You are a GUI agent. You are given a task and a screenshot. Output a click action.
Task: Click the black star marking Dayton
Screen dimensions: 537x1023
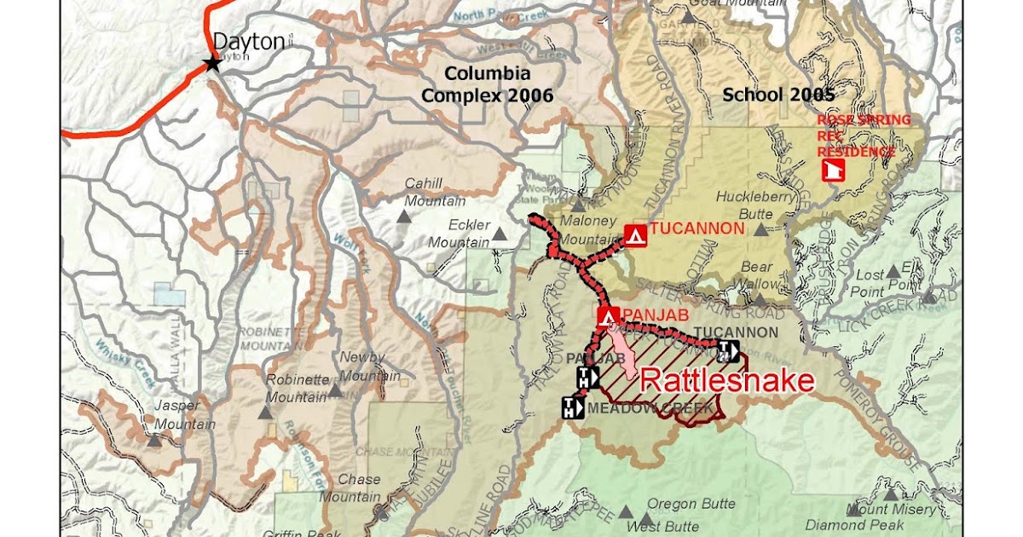click(212, 63)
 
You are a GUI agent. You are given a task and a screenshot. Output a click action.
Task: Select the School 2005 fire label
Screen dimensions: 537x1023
click(777, 94)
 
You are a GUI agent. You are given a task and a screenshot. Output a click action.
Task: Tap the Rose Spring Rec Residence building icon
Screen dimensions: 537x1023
click(829, 170)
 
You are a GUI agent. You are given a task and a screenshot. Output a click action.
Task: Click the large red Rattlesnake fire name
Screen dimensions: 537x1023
click(726, 380)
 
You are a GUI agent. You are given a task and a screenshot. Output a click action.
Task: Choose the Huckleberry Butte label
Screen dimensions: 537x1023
click(755, 205)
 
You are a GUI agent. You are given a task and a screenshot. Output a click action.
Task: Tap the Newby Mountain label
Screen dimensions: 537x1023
click(362, 366)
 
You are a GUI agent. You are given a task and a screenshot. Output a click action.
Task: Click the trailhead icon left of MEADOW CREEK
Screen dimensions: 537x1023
click(571, 408)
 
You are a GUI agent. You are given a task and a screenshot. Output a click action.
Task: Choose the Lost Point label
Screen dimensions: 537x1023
click(870, 283)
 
